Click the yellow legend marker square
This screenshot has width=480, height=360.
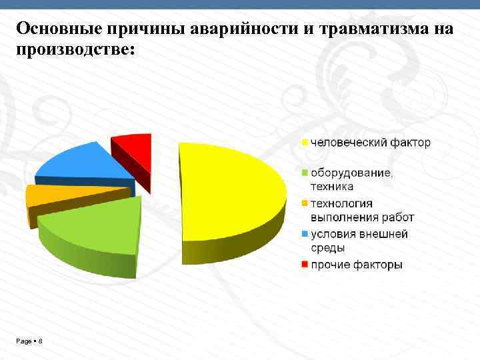(305, 143)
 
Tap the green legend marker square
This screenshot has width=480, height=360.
(305, 173)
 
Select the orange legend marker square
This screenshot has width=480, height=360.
(305, 203)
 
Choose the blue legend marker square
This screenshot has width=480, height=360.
(305, 234)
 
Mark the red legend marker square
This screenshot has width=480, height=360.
(305, 265)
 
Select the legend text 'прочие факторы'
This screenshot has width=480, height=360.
(357, 265)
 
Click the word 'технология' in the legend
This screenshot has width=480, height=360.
(341, 203)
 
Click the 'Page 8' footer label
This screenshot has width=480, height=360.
(29, 341)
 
